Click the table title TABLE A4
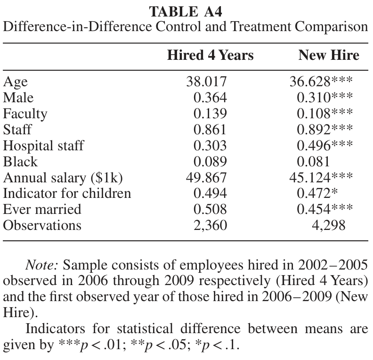(x=186, y=12)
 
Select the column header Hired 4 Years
(x=211, y=55)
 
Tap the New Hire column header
(x=329, y=55)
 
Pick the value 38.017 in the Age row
(x=206, y=82)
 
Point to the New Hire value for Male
(x=324, y=98)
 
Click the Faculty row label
(x=25, y=114)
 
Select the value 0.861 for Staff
(x=210, y=130)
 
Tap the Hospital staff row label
(x=43, y=146)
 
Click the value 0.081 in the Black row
(x=313, y=162)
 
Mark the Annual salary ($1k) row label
(x=63, y=178)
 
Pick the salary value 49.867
(x=206, y=178)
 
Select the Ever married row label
(x=42, y=209)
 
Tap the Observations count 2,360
(x=211, y=225)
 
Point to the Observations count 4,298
(x=329, y=225)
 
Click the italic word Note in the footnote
(x=41, y=265)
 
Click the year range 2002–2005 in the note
(x=333, y=265)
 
